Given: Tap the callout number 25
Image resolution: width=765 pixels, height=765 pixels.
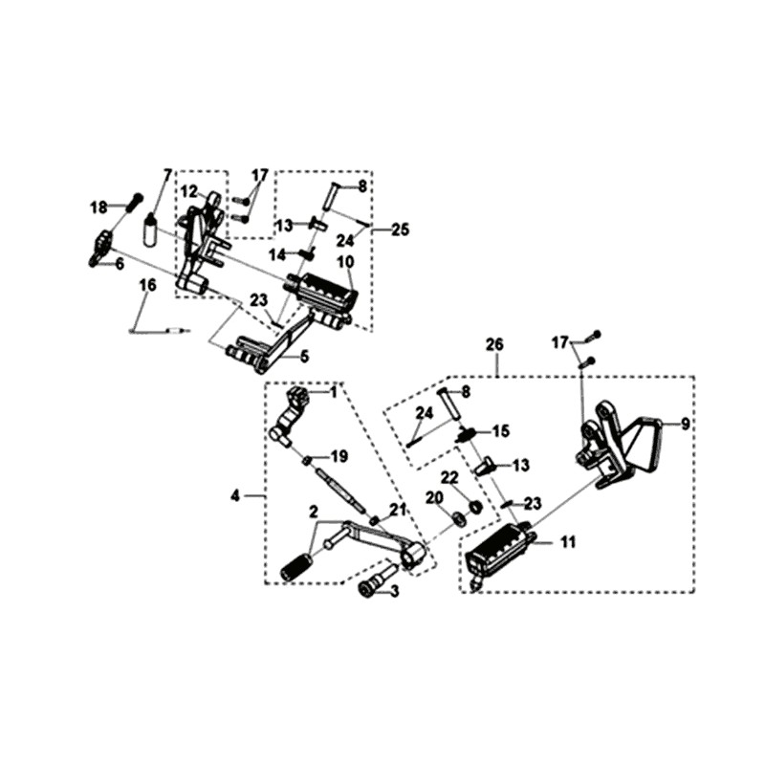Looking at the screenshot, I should coord(399,229).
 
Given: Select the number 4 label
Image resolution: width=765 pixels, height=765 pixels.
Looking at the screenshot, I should coord(234,495).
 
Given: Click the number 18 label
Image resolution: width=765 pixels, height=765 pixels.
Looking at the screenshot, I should coord(99,207).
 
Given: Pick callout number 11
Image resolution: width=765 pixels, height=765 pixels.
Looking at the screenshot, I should coord(568,542).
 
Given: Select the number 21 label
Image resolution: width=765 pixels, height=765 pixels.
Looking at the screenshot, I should coord(397,507).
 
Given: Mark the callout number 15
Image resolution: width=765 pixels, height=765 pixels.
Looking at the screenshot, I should coord(501,431).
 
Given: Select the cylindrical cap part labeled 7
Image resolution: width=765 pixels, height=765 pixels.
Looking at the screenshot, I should coord(151,230).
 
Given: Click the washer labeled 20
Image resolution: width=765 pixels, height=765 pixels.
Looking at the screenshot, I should coord(459,519).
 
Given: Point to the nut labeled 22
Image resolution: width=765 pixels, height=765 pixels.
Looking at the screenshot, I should coord(475,505).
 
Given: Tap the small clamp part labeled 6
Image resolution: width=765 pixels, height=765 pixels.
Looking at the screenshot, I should coord(100,247).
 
